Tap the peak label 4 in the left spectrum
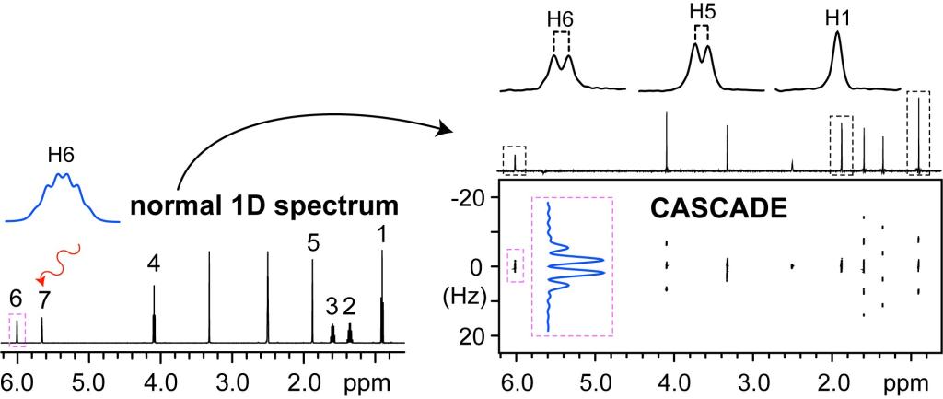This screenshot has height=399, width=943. click(x=154, y=264)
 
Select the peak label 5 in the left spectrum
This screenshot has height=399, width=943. click(x=312, y=243)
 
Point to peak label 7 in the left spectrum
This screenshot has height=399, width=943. click(x=42, y=298)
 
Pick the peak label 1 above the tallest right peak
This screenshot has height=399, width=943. click(x=381, y=236)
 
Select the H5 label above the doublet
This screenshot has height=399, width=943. click(x=702, y=13)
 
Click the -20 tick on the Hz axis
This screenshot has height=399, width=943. click(x=471, y=197)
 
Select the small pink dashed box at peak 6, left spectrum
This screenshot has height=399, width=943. click(x=17, y=330)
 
